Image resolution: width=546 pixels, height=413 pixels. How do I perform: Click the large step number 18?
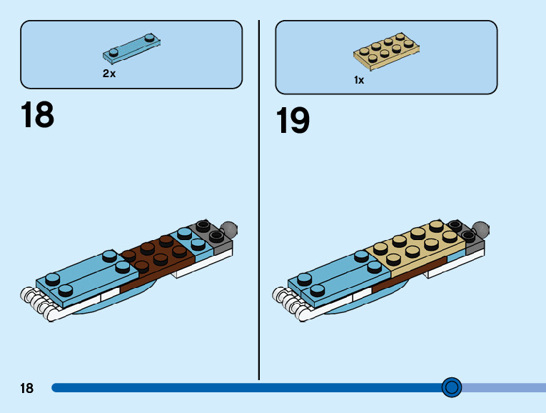click(37, 116)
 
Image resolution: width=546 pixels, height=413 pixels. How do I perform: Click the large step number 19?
click(293, 121)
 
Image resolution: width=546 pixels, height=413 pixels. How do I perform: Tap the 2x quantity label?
click(109, 74)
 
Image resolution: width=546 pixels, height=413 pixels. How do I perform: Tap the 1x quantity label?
click(359, 81)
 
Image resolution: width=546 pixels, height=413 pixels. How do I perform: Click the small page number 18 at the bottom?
click(26, 389)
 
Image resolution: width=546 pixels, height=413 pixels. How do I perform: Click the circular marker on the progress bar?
click(451, 387)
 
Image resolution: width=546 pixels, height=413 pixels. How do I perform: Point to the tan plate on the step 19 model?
click(418, 247)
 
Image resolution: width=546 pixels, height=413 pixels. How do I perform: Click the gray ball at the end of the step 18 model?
click(229, 230)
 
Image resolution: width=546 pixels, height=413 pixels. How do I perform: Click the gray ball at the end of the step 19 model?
click(481, 230)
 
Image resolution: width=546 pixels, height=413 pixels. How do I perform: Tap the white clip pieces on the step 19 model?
click(289, 304)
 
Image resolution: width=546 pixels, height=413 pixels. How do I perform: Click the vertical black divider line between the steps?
click(258, 200)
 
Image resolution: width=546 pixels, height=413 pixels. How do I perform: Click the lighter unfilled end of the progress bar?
click(503, 388)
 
